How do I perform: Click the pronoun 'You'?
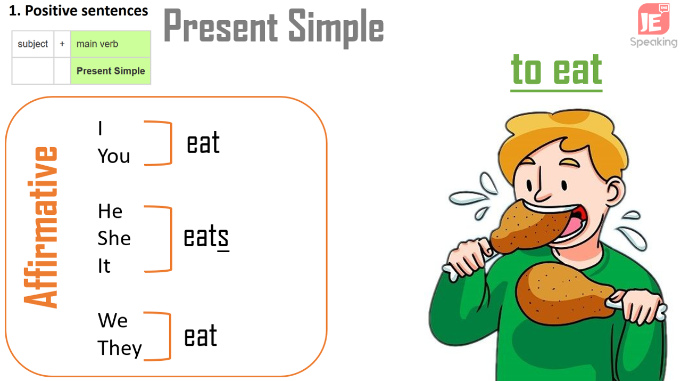114,156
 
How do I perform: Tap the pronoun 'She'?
114,238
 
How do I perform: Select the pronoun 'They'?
120,348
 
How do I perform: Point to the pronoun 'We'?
112,320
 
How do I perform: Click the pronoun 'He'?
110,211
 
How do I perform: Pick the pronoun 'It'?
104,265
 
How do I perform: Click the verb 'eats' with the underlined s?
206,238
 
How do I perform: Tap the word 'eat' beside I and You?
203,142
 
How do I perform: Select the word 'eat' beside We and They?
201,336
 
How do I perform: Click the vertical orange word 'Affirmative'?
40,228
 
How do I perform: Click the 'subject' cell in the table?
33,44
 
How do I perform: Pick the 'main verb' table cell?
111,44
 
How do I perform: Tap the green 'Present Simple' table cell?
111,71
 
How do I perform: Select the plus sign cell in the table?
62,44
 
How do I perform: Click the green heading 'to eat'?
557,71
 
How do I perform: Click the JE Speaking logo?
654,26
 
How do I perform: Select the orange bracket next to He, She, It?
171,239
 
